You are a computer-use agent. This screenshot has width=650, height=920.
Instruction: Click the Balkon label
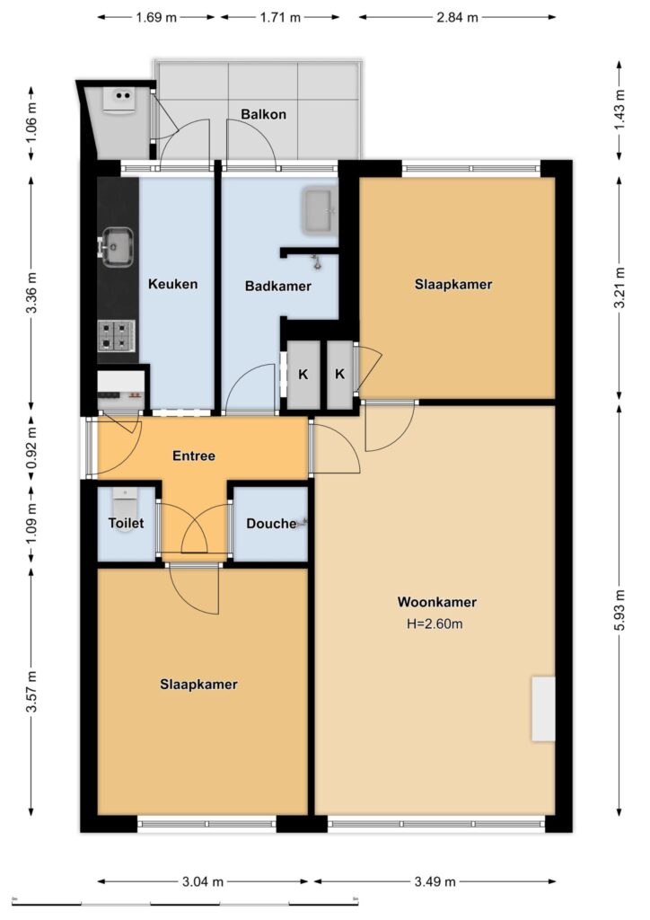pos(264,114)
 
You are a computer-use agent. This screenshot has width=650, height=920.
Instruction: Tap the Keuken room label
pos(173,284)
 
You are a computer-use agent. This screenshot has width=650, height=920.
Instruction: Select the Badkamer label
pos(277,287)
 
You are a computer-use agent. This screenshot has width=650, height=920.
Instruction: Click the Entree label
pos(194,456)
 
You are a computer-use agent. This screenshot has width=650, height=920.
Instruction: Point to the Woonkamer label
pos(437,602)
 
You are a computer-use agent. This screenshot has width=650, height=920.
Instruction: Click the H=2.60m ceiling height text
pos(435,624)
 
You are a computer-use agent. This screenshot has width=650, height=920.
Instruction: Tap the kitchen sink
pos(118,246)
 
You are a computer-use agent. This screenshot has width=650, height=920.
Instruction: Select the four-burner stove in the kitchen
pos(117,336)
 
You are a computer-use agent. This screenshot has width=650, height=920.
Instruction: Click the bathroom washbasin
pos(320,210)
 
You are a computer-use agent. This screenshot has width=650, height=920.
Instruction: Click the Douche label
pos(271,524)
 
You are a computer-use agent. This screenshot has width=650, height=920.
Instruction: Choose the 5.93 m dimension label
pos(620,610)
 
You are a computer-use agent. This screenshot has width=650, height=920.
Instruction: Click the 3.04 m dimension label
pos(203,881)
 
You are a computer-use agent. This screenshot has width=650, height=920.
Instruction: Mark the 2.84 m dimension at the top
pos(457,17)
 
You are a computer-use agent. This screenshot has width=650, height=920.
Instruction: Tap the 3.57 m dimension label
pos(31,693)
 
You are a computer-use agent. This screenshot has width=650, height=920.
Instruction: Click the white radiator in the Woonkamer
pos(543,709)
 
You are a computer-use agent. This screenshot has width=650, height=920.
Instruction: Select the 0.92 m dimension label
pos(31,445)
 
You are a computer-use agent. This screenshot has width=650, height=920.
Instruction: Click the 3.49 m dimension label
pos(435,881)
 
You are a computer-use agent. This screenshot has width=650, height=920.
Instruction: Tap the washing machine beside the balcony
pos(120,100)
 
